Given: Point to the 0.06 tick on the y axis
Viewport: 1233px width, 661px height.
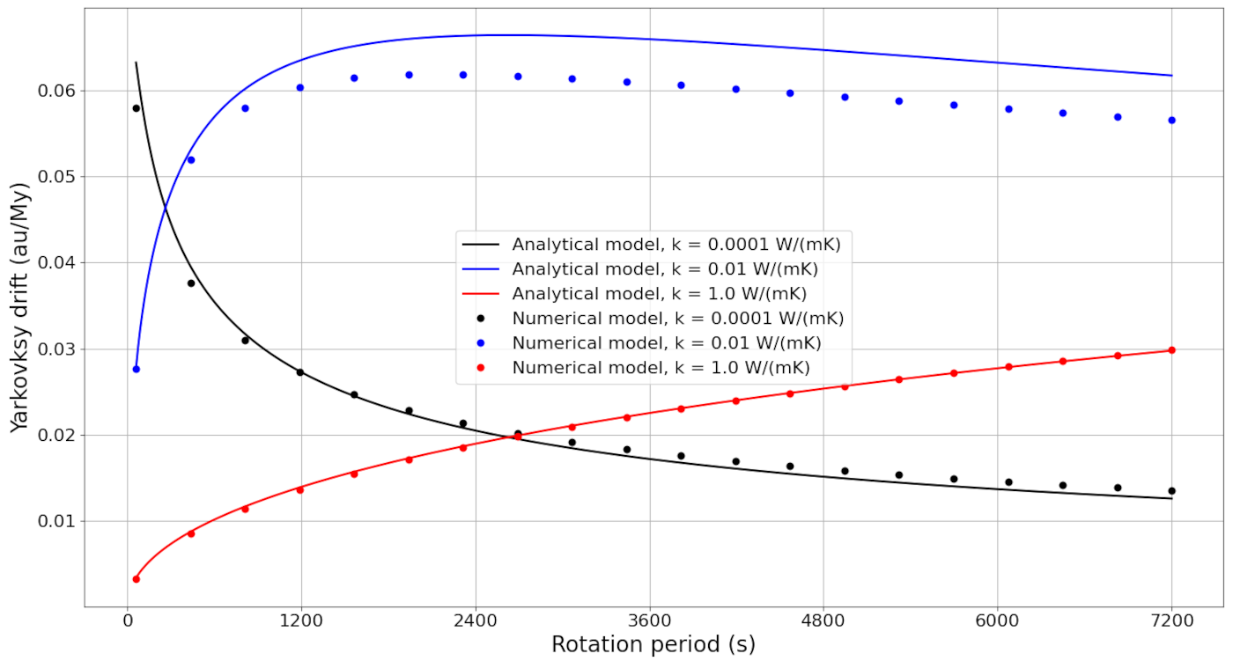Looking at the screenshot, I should (57, 91).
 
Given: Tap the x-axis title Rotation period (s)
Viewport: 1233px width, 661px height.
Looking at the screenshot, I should (653, 644).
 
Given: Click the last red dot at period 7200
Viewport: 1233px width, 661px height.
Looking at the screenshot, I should (1171, 350).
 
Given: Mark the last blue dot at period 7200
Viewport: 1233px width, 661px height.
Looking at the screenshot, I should (1171, 120).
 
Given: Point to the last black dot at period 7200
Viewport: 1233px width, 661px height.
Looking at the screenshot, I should (1171, 491).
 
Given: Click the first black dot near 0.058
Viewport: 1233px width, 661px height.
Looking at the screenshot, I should (136, 108).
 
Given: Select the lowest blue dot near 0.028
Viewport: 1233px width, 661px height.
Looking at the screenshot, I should (136, 369).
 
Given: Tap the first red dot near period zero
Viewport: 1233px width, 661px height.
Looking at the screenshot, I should (136, 579).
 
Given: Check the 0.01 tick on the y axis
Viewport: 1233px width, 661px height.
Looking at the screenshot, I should (57, 522).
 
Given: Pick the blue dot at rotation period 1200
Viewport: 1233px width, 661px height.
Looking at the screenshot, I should (299, 88).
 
